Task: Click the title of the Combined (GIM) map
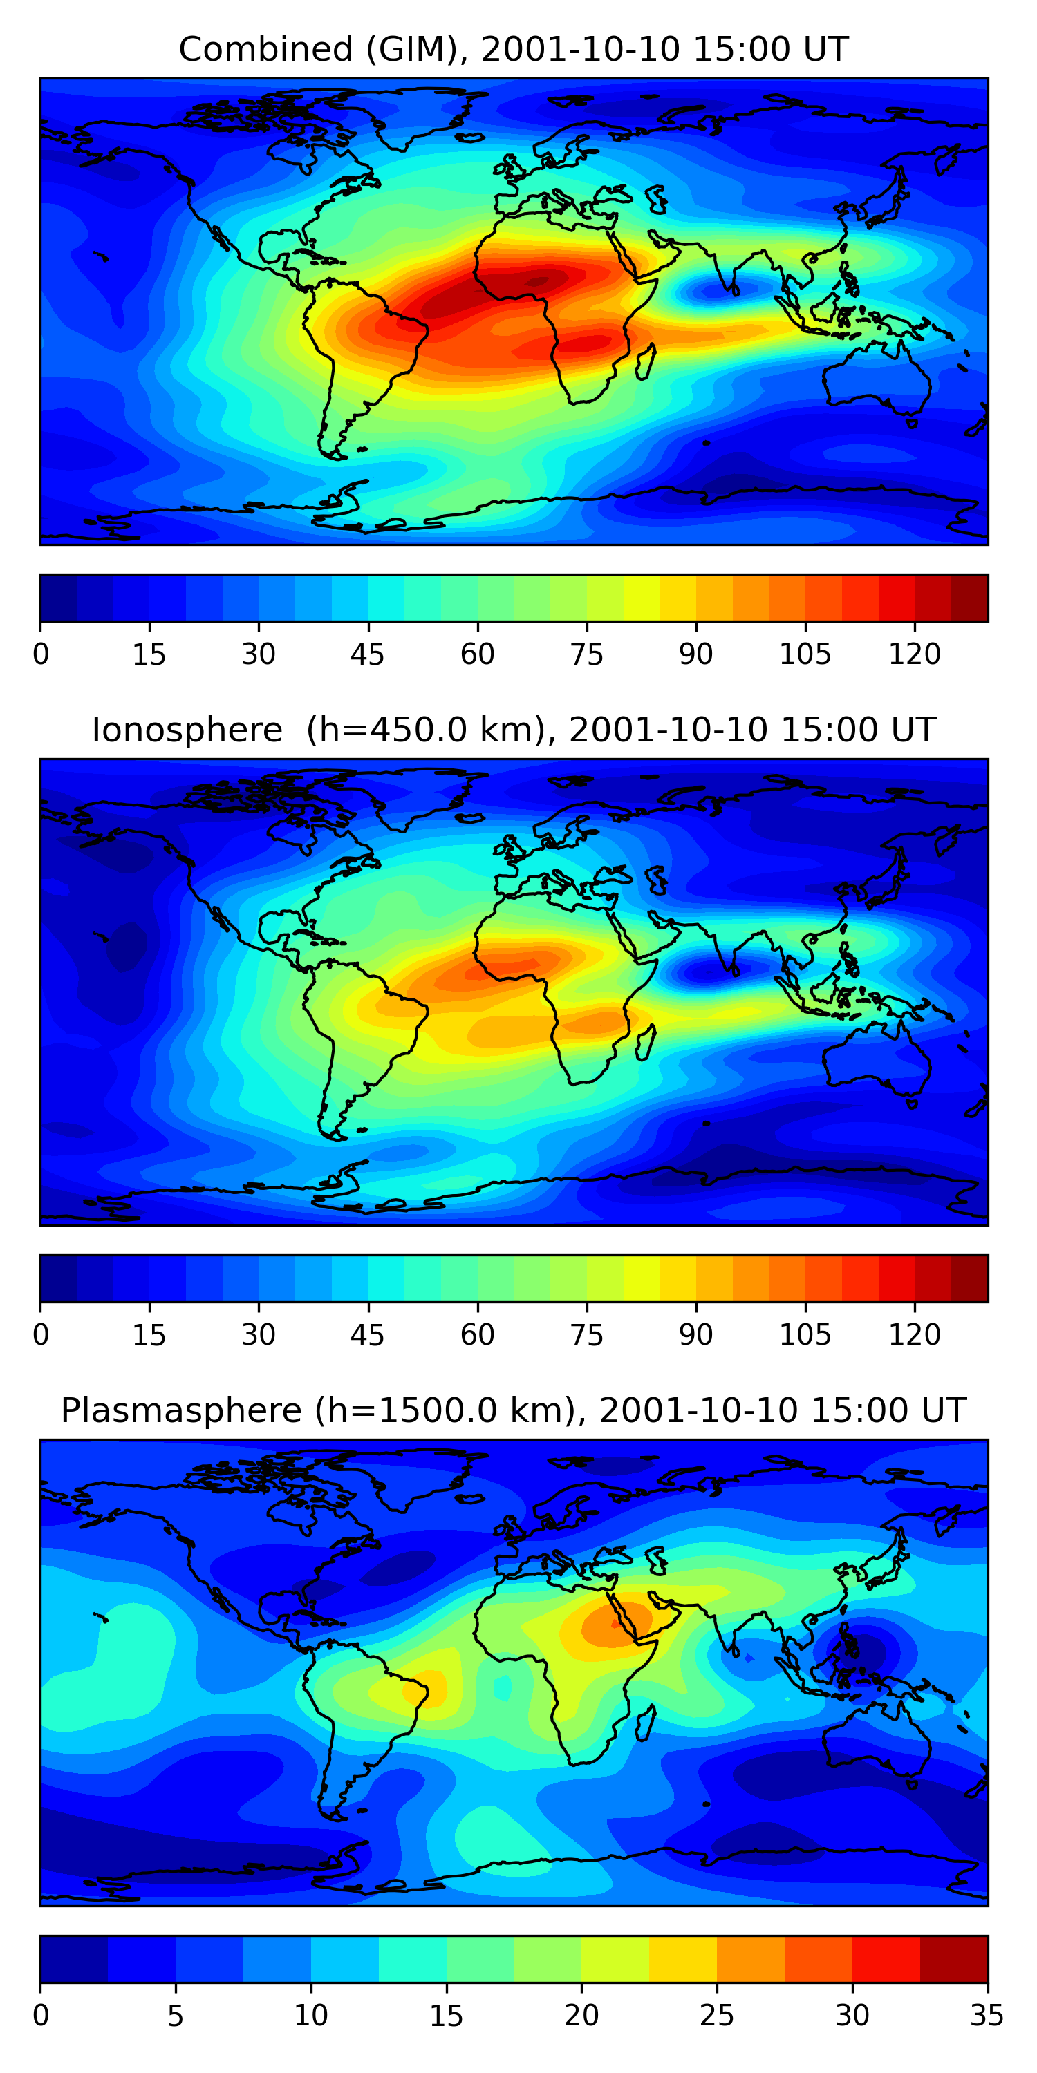tap(513, 49)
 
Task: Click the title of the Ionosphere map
tap(513, 730)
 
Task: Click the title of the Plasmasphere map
tap(513, 1411)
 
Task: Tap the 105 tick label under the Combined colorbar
tap(804, 654)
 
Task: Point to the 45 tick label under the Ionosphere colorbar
tap(367, 1335)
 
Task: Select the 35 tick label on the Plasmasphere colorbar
tap(987, 2016)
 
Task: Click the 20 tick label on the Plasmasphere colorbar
tap(581, 2016)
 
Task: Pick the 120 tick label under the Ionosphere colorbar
tap(914, 1335)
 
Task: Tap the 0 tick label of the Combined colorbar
tap(41, 654)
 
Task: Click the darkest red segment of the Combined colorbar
tap(969, 598)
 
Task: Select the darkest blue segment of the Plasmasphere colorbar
tap(74, 1960)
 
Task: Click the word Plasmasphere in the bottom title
tap(181, 1411)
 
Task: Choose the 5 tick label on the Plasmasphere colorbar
tap(176, 2016)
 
